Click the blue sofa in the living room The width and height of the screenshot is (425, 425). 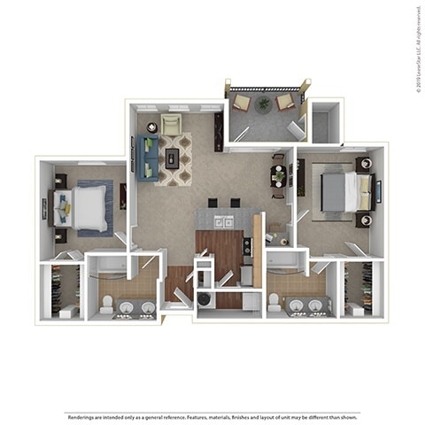tap(148, 154)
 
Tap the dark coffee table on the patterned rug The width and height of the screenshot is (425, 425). tap(173, 158)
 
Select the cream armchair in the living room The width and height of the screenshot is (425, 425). tap(172, 125)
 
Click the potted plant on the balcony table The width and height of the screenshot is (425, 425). tap(264, 104)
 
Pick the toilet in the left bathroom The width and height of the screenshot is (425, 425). tap(107, 305)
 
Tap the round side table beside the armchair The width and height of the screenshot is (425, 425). tap(151, 127)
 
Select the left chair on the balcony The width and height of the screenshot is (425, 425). tap(241, 103)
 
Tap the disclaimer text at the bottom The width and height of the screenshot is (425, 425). tap(212, 416)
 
